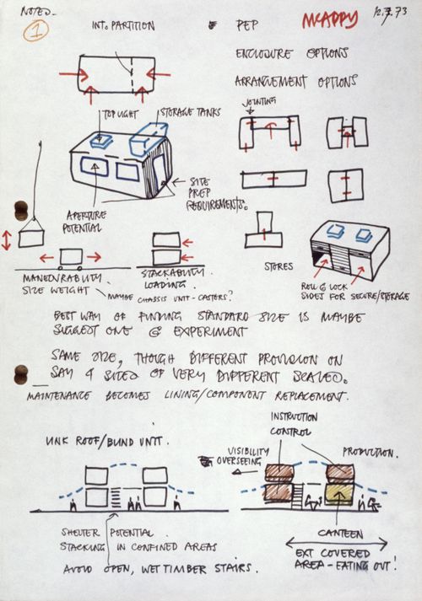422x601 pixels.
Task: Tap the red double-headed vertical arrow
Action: (x=7, y=239)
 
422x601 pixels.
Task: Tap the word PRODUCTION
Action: (x=371, y=453)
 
